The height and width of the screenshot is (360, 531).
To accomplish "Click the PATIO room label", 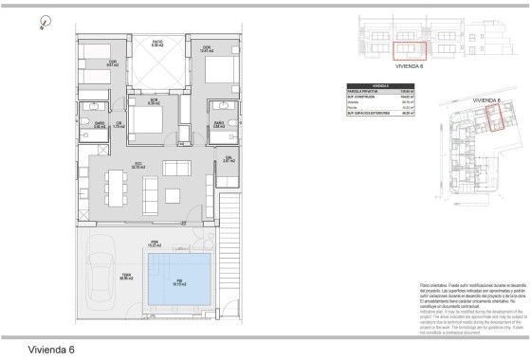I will point(157,43).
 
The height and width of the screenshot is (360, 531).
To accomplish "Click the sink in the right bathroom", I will point(220,107).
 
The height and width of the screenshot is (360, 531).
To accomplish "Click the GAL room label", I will point(228,160).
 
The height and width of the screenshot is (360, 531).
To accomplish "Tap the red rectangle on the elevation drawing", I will point(409,47).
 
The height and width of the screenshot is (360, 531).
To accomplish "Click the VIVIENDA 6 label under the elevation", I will point(409,66).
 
